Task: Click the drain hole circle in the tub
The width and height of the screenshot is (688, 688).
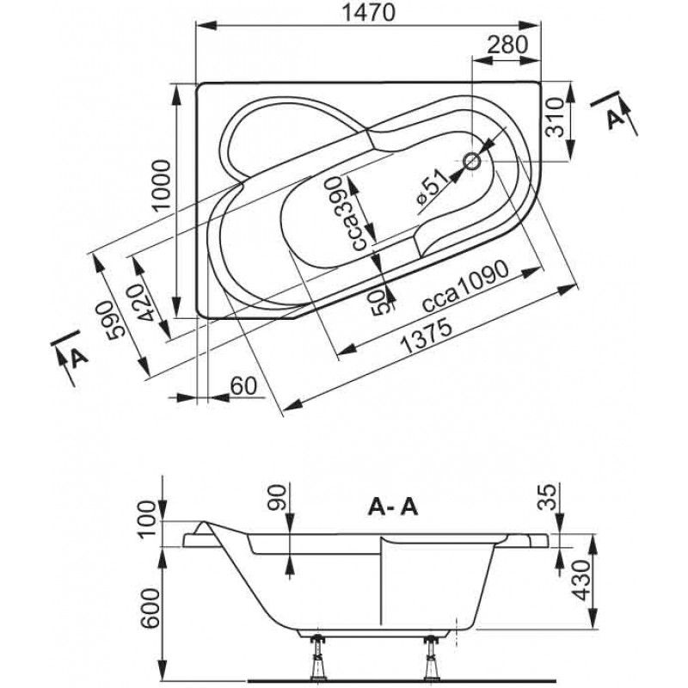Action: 472,161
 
